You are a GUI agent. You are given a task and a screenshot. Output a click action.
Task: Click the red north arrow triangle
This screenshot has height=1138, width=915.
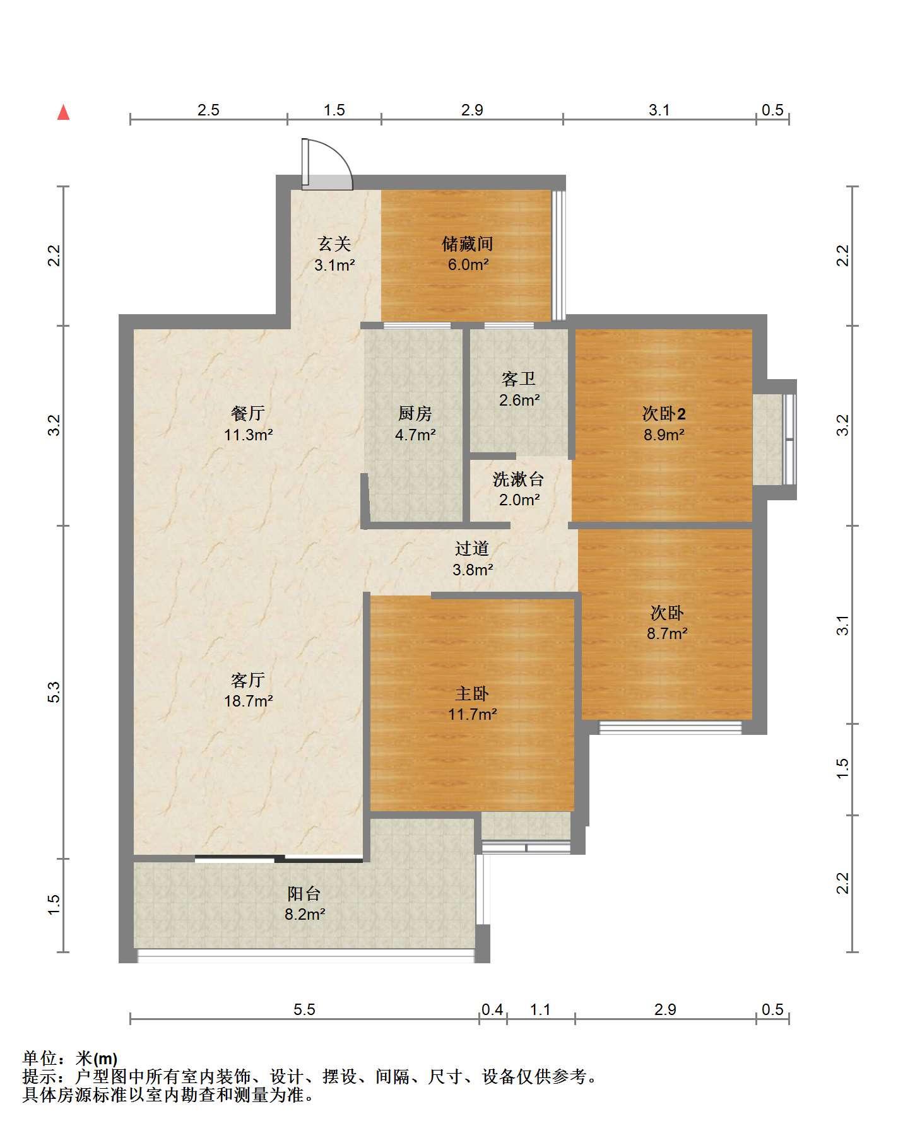pos(63,113)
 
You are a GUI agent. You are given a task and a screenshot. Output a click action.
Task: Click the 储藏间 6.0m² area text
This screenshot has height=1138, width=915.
pos(468,265)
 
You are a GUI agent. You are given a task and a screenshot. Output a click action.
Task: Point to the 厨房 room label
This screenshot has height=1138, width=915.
pos(415,414)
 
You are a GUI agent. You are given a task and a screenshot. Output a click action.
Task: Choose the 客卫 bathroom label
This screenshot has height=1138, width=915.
pos(519,379)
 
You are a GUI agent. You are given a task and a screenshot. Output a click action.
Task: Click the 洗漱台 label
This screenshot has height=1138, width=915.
pos(518,479)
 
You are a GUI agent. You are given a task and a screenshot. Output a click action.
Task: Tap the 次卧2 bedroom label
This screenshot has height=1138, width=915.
pos(664,414)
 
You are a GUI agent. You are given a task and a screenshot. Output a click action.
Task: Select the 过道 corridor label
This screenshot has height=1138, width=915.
pos(472,549)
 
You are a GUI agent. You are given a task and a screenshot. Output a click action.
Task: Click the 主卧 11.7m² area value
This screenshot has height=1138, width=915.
pos(473,715)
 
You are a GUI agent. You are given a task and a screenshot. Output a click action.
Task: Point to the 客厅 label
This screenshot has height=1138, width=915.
pos(247,680)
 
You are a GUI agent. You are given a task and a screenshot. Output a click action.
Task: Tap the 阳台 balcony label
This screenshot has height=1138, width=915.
pos(304,893)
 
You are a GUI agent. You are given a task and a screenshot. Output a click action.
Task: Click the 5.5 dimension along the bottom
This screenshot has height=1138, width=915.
pos(304,1010)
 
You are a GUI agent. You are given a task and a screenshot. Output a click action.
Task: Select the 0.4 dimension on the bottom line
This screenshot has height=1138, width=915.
pos(492,1010)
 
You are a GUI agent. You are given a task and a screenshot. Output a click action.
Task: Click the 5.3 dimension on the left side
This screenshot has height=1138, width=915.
pos(55,692)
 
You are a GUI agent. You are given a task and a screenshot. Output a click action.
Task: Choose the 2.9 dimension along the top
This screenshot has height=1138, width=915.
pos(472,110)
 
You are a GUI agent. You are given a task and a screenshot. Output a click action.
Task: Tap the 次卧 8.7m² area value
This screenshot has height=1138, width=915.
pos(667,633)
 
